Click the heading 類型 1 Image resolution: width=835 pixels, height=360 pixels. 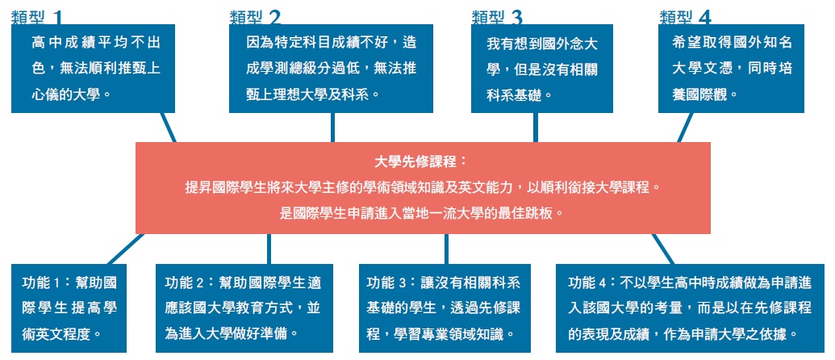(37, 18)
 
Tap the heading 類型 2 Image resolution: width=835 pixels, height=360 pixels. (255, 18)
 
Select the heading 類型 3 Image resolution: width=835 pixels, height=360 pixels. (498, 18)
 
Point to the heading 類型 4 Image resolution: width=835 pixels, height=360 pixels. (686, 18)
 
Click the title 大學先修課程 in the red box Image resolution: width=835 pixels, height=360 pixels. (420, 161)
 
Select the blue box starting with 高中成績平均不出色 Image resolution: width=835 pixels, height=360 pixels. (94, 69)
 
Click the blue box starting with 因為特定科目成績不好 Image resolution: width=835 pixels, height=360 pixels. (331, 69)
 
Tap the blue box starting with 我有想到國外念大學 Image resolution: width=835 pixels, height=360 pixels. (542, 69)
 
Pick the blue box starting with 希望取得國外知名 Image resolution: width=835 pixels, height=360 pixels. (731, 69)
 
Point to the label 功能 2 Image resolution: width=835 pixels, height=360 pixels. (185, 283)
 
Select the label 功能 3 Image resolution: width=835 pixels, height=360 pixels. (387, 283)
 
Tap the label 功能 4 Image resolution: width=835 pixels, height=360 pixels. (587, 283)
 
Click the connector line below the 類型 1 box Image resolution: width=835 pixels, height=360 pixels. (169, 128)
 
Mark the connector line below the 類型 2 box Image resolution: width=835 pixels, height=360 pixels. (333, 128)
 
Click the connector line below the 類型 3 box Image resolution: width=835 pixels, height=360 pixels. (536, 128)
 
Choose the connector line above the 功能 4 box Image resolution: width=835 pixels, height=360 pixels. (663, 249)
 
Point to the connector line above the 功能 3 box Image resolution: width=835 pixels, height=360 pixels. (446, 249)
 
